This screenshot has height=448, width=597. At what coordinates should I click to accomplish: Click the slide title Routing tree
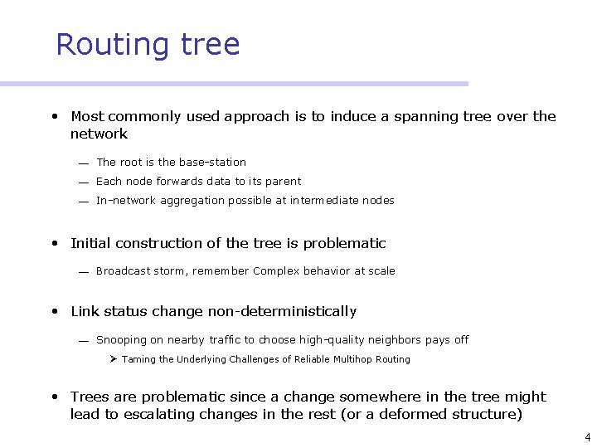[148, 44]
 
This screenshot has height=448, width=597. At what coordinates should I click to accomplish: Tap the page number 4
[587, 436]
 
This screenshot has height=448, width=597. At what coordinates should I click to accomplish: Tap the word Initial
[89, 243]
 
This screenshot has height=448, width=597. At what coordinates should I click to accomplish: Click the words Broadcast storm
[132, 271]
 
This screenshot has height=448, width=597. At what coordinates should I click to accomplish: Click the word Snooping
[121, 340]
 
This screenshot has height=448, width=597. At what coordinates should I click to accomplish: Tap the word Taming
[138, 359]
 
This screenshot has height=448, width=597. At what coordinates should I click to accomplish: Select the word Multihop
[349, 359]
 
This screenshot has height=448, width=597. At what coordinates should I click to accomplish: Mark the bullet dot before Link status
[54, 312]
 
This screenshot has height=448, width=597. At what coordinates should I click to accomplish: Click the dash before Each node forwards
[84, 183]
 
